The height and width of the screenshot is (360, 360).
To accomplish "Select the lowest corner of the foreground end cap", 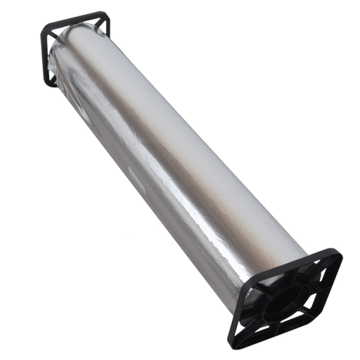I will pyautogui.click(x=238, y=342).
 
